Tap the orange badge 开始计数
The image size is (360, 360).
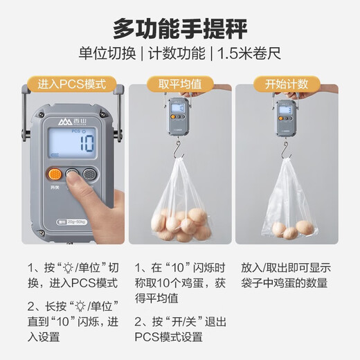286,85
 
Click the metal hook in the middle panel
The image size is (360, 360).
178,147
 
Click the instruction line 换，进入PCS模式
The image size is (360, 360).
73,283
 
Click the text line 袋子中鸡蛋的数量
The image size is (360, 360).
285,283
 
